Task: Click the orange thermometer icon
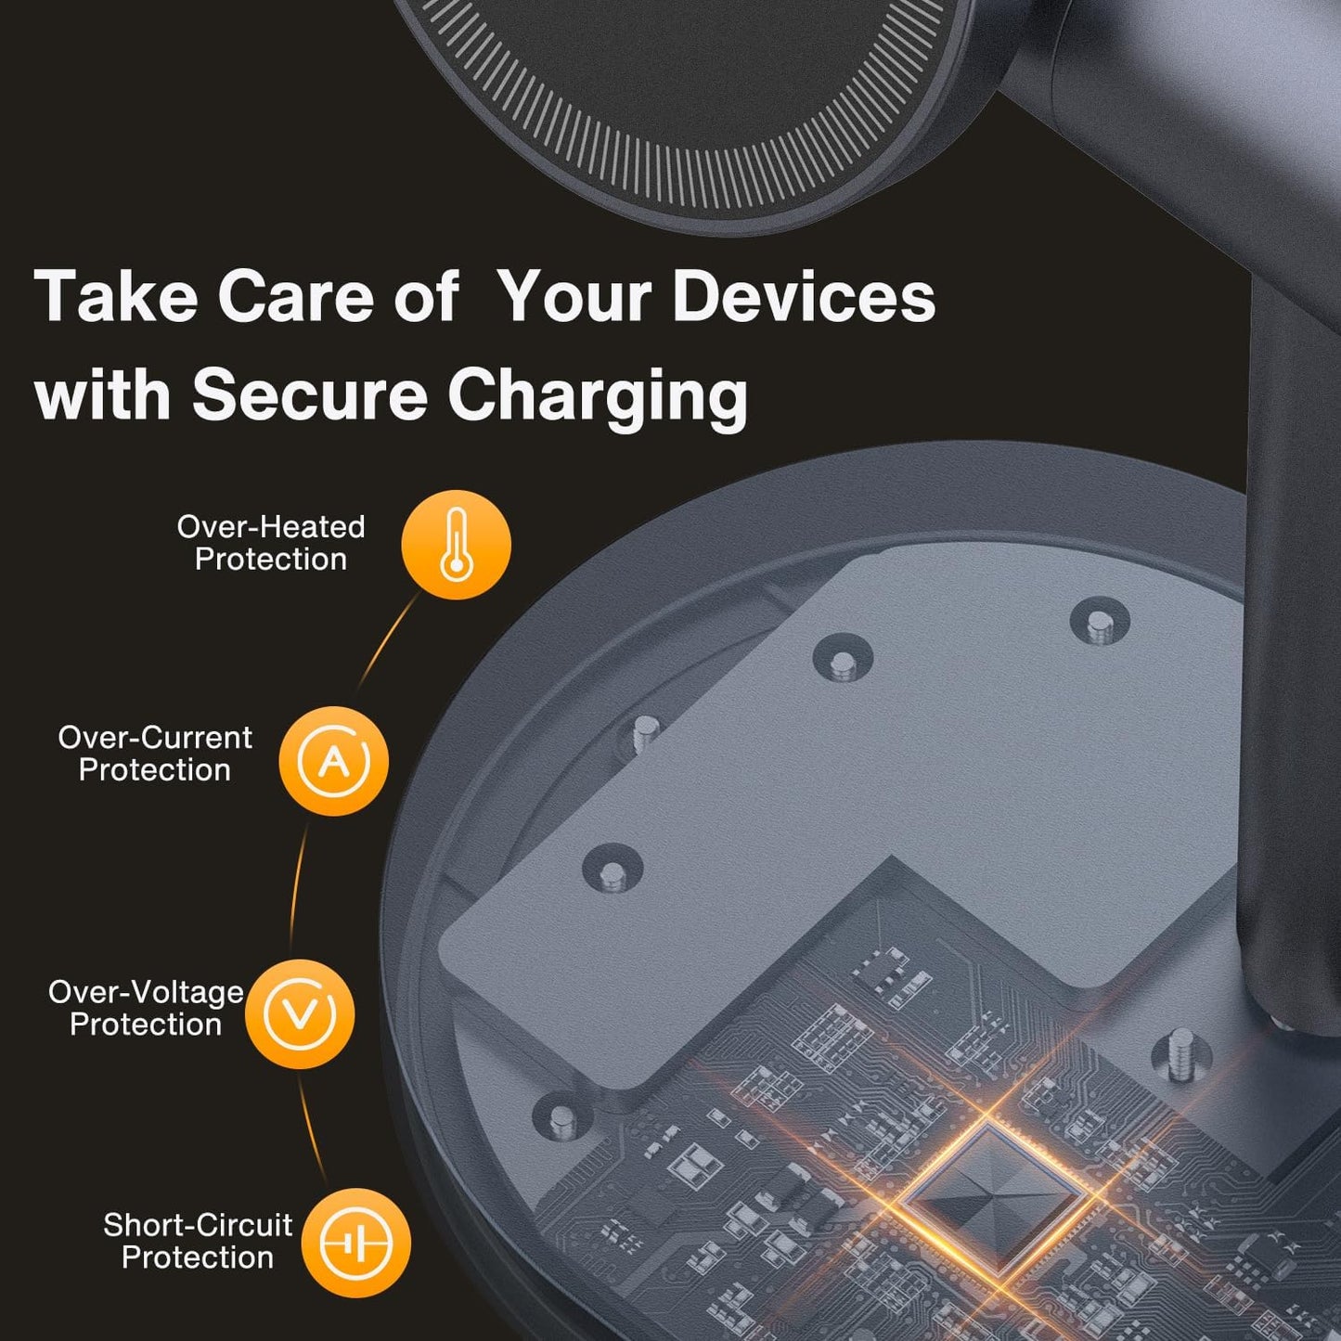tap(456, 545)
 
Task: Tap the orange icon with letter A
tap(334, 761)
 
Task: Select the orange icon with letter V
tap(300, 1013)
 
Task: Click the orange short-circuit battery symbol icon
tap(356, 1243)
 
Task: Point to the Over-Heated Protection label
tap(270, 543)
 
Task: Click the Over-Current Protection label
tap(155, 754)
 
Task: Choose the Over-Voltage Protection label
tap(146, 1008)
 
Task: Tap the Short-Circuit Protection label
tap(198, 1241)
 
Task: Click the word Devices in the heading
tap(803, 298)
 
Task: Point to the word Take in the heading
tap(116, 297)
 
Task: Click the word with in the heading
tap(102, 394)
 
